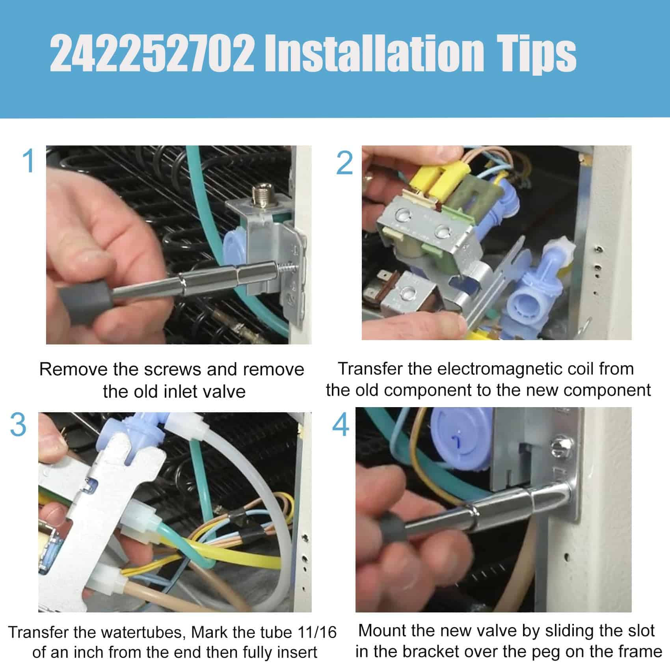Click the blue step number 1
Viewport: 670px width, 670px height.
click(29, 160)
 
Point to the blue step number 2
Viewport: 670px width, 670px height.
click(344, 163)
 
